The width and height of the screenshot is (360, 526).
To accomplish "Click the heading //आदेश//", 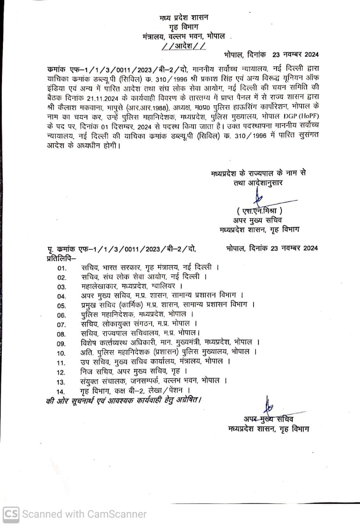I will tap(184, 46).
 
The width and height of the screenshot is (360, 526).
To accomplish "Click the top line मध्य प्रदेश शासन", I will tap(184, 18).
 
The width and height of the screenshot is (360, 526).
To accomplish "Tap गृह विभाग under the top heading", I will tap(183, 27).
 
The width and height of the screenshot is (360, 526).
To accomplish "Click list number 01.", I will tap(62, 268).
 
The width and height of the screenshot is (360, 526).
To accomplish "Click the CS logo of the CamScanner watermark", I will tap(11, 514).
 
